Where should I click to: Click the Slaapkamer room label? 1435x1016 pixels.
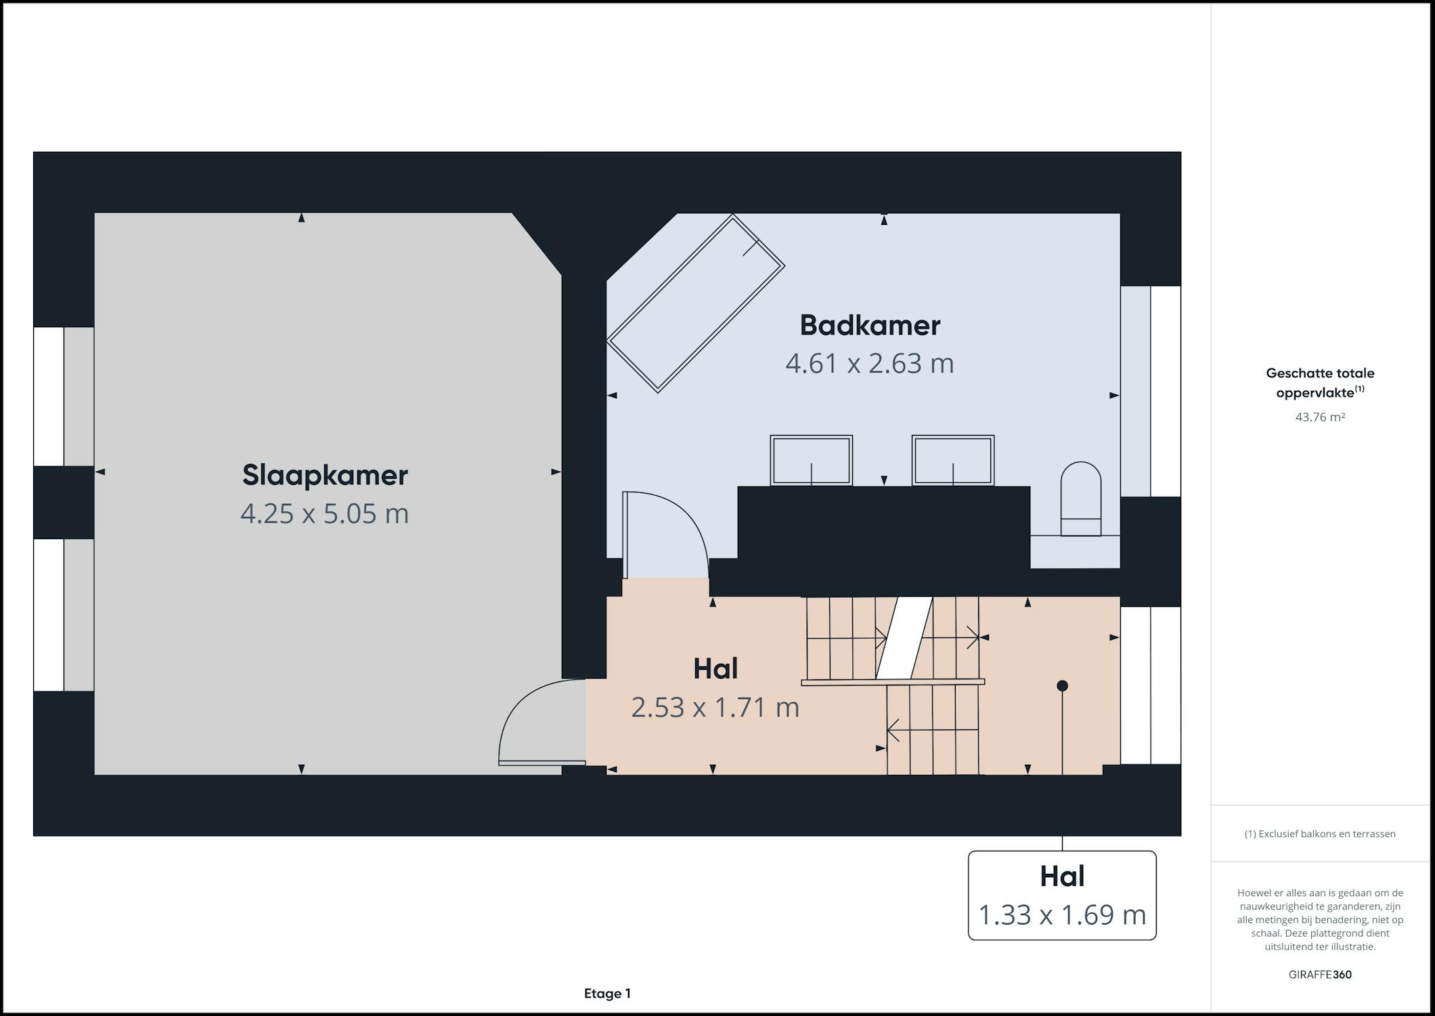point(325,475)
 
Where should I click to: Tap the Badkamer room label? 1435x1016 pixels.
point(870,325)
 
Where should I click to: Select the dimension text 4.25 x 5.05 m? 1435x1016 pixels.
point(325,513)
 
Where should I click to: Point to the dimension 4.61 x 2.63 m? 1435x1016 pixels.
point(870,364)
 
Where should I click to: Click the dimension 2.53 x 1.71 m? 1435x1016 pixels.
point(715,707)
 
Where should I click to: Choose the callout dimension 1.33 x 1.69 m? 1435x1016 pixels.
point(1062,914)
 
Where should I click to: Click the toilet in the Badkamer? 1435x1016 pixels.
point(1081,499)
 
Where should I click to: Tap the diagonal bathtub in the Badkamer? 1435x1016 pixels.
point(695,303)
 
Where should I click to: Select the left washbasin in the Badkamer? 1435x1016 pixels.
point(811,461)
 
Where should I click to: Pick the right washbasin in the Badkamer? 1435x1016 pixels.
point(953,461)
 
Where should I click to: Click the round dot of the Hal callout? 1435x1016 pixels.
point(1062,686)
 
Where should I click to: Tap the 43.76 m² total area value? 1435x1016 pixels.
point(1320,417)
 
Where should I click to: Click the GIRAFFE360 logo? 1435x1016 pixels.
point(1320,975)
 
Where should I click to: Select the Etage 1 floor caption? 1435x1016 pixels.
point(607,994)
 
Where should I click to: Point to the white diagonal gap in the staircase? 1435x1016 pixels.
point(904,637)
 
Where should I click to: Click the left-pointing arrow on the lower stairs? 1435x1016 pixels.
point(932,730)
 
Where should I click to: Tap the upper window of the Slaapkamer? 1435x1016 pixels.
point(64,396)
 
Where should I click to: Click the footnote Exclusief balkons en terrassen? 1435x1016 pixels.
point(1320,834)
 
